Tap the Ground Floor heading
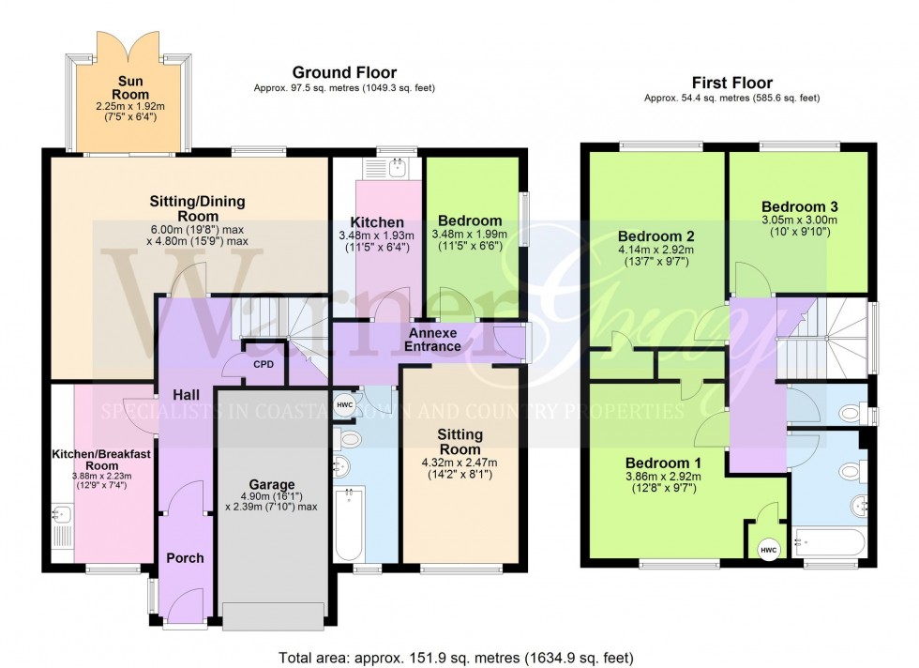(x=344, y=72)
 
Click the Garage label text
(x=272, y=484)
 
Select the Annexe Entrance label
(x=432, y=340)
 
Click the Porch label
(x=185, y=558)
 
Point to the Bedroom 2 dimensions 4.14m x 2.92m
(x=655, y=250)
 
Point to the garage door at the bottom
(x=274, y=615)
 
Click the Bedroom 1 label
(x=663, y=463)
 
